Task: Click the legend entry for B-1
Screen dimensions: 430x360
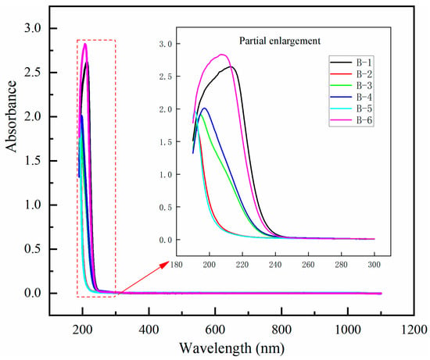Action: [351, 62]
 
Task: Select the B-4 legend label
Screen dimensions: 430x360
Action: [351, 97]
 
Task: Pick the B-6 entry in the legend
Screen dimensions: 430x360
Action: [351, 120]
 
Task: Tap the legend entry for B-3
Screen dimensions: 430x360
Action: [351, 85]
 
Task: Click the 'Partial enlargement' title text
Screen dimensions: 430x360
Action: [280, 41]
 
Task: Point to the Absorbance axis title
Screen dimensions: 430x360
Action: [12, 116]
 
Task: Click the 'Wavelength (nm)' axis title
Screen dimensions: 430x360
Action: [232, 348]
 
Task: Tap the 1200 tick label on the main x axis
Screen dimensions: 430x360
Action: [414, 330]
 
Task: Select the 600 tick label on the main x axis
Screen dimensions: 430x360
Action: [215, 330]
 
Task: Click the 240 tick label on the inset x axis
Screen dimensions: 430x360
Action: [275, 265]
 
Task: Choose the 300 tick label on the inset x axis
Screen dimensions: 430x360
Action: [374, 265]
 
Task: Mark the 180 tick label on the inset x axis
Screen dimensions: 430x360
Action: [177, 265]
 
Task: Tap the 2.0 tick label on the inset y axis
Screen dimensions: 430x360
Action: [166, 109]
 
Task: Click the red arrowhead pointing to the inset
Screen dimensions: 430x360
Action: [167, 264]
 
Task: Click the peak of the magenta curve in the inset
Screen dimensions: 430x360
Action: [222, 55]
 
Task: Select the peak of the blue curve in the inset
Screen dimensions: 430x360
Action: [204, 109]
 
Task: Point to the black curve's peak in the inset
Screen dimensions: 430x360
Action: [231, 66]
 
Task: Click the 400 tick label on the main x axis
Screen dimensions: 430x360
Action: [149, 330]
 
